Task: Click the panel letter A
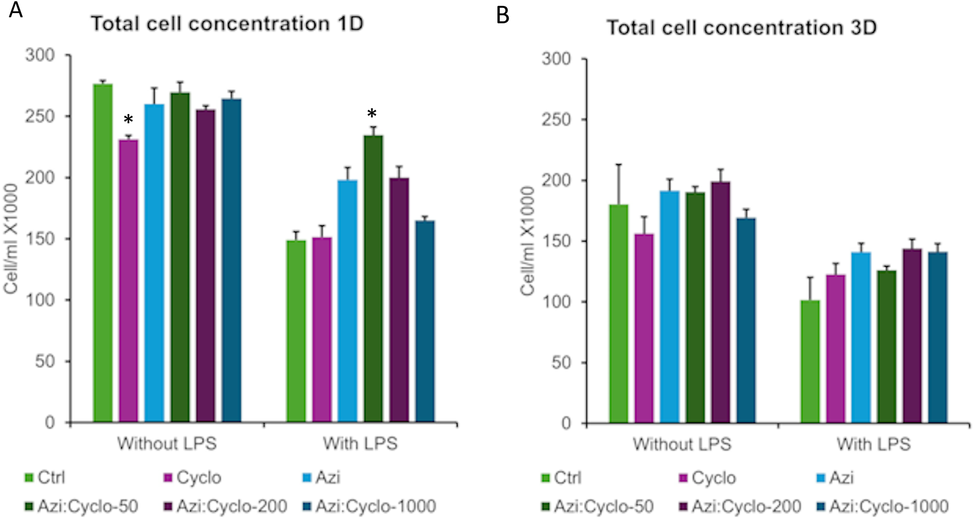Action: (x=15, y=10)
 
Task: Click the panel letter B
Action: (x=502, y=15)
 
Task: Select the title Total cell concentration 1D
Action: (x=227, y=23)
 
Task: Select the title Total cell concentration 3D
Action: (x=741, y=27)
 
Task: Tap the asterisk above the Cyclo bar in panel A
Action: (x=129, y=120)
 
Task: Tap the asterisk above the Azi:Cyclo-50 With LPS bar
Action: (x=372, y=115)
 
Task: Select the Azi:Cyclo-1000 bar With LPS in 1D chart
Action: (x=425, y=321)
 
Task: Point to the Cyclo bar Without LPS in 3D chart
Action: (x=644, y=328)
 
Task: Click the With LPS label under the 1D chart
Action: (x=360, y=443)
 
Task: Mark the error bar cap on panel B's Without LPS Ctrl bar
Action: (x=619, y=164)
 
